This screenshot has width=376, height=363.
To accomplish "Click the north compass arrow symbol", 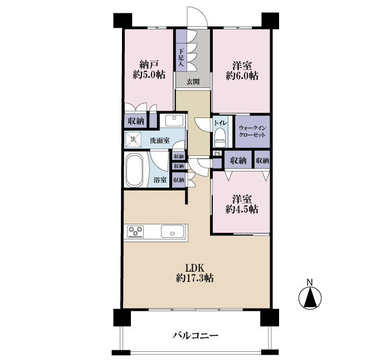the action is (310, 297).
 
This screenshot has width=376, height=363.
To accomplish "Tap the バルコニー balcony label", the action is (196, 335).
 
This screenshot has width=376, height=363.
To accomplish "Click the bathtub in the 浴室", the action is (134, 170).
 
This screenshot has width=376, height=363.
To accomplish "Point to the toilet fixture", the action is (220, 138).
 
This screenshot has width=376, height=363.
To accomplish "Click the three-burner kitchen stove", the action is (135, 231).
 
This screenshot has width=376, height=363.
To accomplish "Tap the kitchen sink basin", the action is (173, 231).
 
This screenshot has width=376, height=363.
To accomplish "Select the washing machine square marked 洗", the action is (133, 139).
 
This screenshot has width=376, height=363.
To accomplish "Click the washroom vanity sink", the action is (174, 120).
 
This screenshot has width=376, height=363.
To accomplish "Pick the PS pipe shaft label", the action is (217, 153).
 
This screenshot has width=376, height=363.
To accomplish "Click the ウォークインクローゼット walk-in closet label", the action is (252, 131).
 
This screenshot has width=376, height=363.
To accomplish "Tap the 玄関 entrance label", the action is (193, 82).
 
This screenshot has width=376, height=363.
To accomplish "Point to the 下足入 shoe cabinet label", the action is (181, 57).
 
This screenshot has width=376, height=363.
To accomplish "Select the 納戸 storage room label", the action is (149, 65).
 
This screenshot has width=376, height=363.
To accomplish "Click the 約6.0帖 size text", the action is (242, 76).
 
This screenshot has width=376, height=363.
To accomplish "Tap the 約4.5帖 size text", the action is (242, 209).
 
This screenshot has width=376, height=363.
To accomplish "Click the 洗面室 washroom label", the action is (160, 141).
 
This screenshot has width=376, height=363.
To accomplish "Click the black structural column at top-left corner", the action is (123, 20).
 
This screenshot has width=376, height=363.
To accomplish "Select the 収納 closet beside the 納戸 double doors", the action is (136, 121).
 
